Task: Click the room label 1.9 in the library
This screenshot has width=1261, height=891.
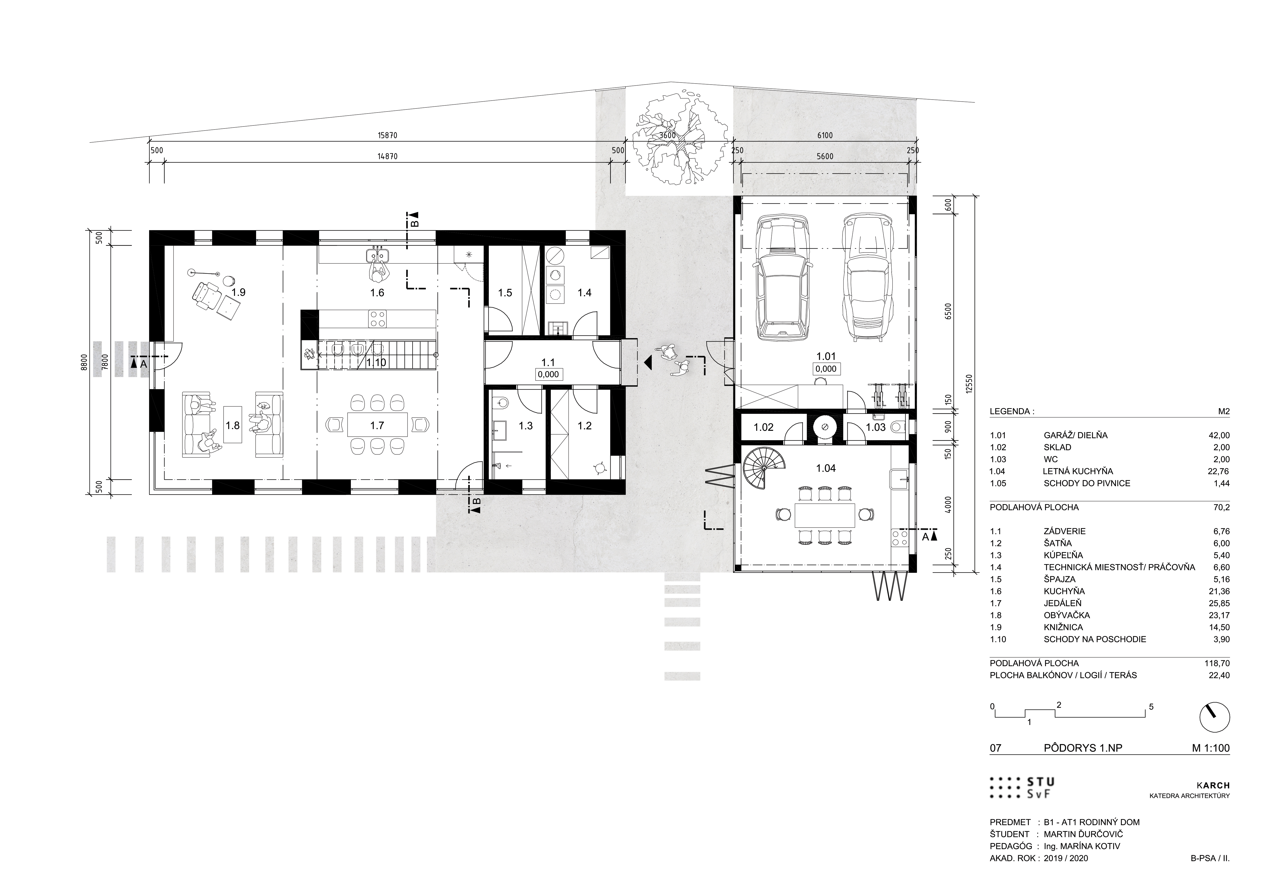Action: (238, 292)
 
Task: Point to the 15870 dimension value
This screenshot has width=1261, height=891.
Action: (387, 136)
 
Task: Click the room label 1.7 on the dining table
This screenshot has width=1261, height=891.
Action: (377, 425)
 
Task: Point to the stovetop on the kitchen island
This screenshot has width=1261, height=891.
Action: (377, 319)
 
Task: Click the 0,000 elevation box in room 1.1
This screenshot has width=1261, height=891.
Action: (548, 374)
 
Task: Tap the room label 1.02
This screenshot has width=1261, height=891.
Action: (764, 427)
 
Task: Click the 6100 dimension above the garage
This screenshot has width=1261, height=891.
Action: (825, 136)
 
